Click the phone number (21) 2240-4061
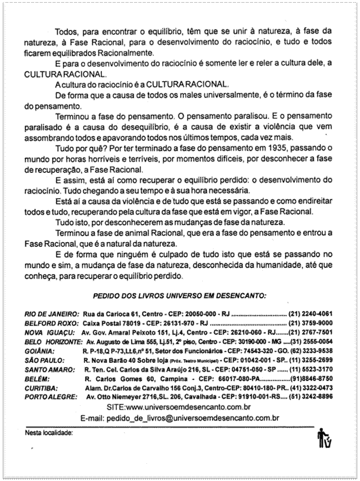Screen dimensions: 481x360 click(311, 312)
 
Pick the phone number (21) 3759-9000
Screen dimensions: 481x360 click(311, 323)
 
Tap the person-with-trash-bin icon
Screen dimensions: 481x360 click(324, 440)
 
